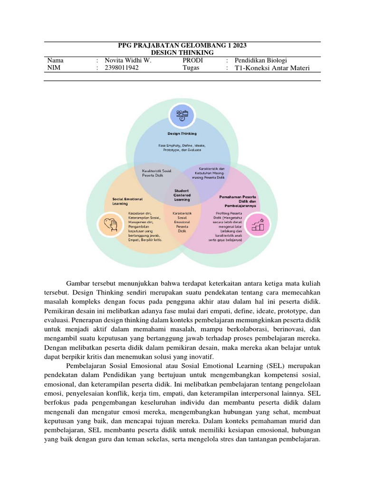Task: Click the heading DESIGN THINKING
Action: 182,53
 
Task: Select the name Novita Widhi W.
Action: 128,60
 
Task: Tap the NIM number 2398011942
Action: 122,68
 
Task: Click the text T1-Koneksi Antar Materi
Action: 272,68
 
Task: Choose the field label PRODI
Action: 192,60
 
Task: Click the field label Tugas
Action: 191,68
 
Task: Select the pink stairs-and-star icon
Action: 259,224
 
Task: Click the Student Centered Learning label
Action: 182,195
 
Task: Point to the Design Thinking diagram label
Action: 182,134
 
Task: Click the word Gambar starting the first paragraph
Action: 77,284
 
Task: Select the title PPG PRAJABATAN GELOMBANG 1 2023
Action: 182,46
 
